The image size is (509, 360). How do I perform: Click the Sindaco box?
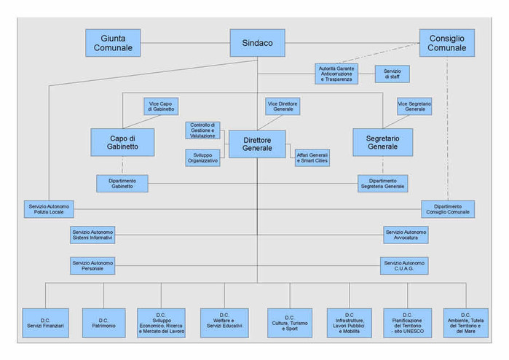point(257,43)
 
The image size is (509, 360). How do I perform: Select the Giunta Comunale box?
point(113,43)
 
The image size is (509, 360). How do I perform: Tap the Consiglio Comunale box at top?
point(446,43)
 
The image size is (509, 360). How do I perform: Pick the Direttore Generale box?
point(257,144)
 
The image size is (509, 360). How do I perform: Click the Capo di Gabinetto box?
point(122,141)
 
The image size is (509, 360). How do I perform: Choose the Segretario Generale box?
point(382,141)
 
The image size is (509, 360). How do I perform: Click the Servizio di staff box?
point(392,74)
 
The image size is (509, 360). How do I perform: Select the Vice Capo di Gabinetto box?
point(161,106)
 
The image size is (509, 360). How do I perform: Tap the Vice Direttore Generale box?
point(283,106)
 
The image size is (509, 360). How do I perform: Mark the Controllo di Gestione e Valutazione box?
point(202,130)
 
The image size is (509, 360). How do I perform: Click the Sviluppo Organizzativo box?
point(202,157)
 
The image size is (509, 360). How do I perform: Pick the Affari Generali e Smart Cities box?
point(312,157)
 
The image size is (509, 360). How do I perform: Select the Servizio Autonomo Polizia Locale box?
point(47,209)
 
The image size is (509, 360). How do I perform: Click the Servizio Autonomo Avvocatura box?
point(406,235)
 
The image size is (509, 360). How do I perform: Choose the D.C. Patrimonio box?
point(103,321)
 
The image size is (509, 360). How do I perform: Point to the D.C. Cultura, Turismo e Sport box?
point(289,322)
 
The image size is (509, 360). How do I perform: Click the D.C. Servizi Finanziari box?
point(45,321)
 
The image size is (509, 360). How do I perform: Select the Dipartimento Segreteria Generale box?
point(382,183)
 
